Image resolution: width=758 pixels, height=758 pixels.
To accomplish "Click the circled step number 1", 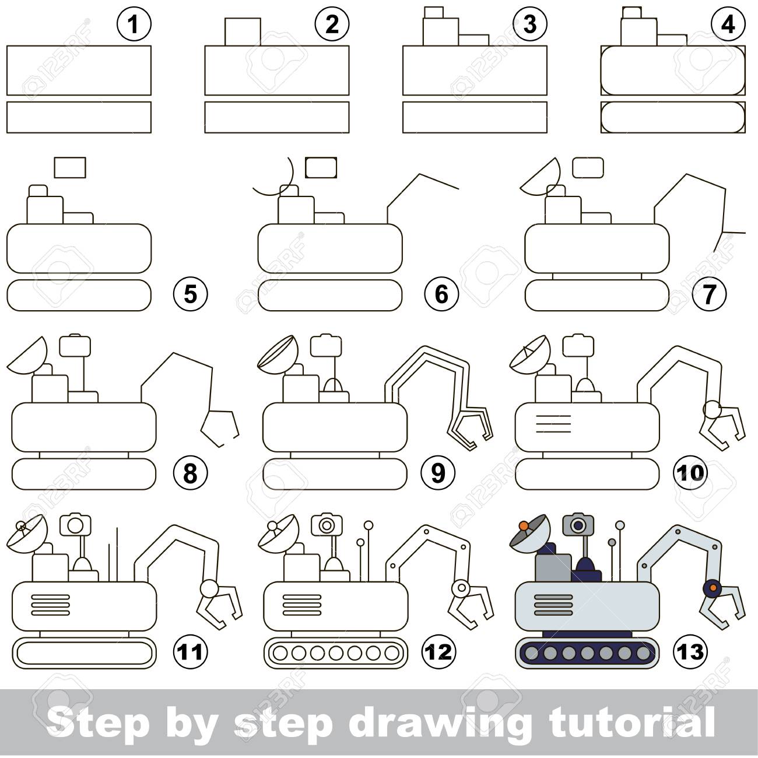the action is tap(134, 24).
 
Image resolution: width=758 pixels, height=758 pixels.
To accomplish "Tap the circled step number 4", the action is tap(728, 24).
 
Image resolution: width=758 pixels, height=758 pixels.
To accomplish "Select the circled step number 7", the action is tap(709, 293).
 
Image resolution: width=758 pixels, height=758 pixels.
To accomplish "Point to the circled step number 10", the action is tap(690, 472).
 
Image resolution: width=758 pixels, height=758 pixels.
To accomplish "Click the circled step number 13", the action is tap(690, 652).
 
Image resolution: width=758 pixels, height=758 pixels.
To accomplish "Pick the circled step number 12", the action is tap(438, 652).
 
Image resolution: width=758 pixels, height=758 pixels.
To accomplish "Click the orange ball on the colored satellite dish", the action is tap(523, 525).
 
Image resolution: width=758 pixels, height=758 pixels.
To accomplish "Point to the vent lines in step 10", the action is tap(553, 424).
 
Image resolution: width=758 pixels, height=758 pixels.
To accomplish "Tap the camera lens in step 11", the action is tap(76, 524).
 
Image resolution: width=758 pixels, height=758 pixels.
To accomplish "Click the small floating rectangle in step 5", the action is tap(69, 167).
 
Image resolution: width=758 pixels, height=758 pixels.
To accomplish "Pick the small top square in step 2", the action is tap(243, 31).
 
